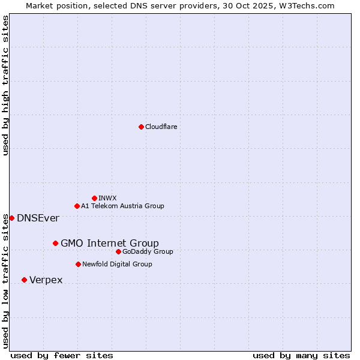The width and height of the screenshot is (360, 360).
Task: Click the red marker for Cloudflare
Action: tap(141, 127)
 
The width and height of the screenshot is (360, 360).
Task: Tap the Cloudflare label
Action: tap(161, 127)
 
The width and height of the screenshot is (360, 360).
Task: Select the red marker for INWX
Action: tap(94, 198)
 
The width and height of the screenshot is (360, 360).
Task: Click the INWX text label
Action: tap(107, 198)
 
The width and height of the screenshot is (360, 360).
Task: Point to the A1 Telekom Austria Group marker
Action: tap(77, 206)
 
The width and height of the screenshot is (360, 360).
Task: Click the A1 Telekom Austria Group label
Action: tap(122, 206)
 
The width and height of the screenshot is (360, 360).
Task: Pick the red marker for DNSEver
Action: tap(11, 218)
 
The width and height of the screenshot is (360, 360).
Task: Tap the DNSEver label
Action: tap(38, 218)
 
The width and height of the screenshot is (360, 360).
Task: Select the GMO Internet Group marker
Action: tap(55, 243)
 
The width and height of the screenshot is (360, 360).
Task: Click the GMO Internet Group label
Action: tap(110, 243)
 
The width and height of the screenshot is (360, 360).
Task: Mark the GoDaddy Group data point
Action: tap(118, 251)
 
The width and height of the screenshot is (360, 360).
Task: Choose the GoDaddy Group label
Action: tap(148, 251)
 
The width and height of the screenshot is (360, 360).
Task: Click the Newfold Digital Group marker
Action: tap(78, 264)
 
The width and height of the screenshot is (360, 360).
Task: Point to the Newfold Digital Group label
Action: tap(117, 264)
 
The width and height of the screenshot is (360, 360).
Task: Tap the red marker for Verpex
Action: tap(24, 280)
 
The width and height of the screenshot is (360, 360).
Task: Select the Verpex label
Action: tap(46, 280)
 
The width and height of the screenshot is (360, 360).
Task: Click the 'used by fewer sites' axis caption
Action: tap(62, 355)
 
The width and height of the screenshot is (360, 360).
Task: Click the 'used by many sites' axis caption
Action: tap(301, 355)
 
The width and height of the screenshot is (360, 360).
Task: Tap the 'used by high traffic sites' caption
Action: tap(5, 85)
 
